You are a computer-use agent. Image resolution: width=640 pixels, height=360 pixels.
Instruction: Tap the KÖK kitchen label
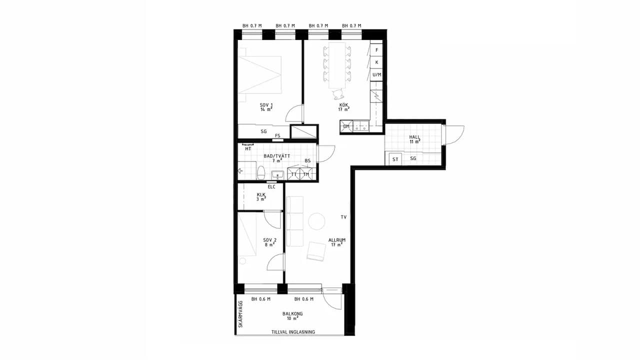343,105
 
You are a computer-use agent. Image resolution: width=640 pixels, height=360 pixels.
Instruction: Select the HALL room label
414,137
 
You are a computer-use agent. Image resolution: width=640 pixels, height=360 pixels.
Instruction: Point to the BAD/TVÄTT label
277,156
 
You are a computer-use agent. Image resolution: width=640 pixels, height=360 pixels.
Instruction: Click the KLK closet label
261,195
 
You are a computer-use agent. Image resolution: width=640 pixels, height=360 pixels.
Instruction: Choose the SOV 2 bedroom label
269,240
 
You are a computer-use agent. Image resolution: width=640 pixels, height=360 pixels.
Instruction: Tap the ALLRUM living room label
337,240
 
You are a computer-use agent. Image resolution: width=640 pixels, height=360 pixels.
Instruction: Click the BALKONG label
292,313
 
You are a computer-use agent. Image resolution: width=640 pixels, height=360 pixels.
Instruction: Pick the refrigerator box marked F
376,50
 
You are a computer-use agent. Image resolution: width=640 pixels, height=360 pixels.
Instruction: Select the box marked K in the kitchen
376,62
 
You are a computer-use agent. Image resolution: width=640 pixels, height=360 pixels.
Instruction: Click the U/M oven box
376,75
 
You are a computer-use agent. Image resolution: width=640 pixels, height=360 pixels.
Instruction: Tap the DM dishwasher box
346,126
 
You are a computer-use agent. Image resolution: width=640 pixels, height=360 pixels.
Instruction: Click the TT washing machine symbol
293,174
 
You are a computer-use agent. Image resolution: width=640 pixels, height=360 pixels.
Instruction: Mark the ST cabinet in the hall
395,159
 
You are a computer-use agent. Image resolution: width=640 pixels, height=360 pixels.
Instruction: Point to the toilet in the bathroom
261,172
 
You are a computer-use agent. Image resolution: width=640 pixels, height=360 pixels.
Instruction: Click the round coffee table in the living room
316,221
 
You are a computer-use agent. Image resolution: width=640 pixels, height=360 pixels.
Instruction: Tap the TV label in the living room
343,217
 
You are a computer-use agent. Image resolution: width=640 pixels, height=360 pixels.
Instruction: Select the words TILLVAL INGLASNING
293,332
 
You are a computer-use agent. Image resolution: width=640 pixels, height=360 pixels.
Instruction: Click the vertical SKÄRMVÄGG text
240,314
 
